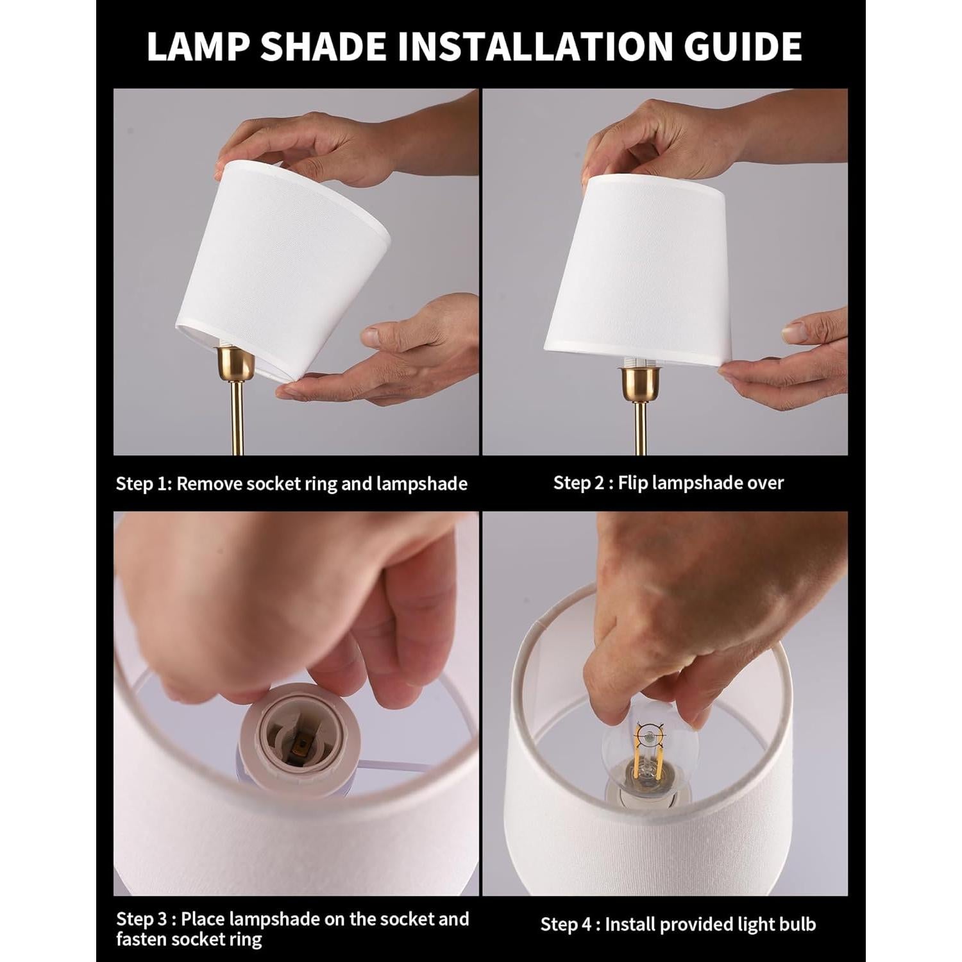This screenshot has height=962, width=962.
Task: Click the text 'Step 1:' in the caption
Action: coord(144,484)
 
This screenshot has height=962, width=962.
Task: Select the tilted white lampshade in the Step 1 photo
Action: coord(282,257)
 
